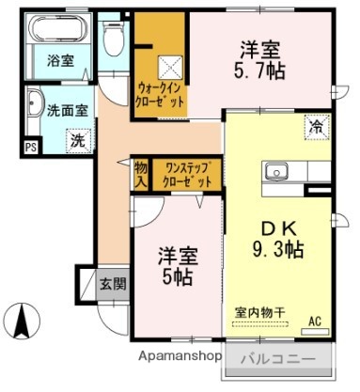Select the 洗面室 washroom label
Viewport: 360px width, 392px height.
[69, 109]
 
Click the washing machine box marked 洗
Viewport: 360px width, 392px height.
[75, 141]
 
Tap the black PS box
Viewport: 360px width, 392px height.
[31, 146]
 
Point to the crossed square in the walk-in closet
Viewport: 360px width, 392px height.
[171, 67]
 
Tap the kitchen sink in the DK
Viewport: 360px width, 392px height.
[277, 171]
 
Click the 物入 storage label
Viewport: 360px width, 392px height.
[140, 173]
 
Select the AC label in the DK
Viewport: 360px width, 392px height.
[315, 321]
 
